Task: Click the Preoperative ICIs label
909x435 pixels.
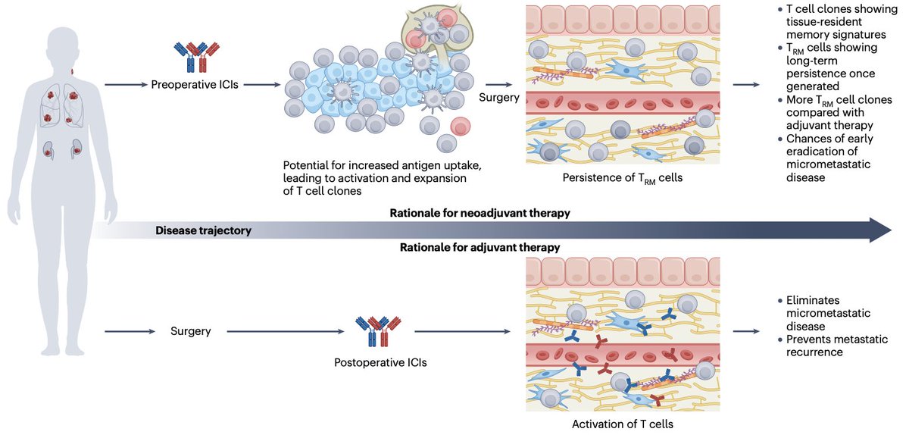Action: (195, 84)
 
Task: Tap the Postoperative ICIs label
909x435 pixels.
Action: (380, 362)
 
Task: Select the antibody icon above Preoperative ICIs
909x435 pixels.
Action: (197, 56)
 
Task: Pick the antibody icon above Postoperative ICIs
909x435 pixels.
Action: (378, 331)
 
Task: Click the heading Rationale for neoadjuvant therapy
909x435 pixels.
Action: (479, 213)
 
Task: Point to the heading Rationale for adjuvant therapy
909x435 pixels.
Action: (479, 247)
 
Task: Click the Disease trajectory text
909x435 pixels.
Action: (203, 230)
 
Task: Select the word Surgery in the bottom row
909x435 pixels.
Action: (190, 331)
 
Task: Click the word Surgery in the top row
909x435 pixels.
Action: (498, 98)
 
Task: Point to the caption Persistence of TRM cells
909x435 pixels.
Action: (623, 178)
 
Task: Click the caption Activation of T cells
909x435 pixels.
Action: (623, 424)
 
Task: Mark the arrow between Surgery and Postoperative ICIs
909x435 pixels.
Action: (286, 331)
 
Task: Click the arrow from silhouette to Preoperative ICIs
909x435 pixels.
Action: (126, 84)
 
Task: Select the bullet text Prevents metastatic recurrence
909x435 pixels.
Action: (837, 346)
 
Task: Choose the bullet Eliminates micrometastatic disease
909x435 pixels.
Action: (828, 313)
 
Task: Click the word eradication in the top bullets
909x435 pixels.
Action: (822, 152)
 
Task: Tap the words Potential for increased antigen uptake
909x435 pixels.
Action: (382, 165)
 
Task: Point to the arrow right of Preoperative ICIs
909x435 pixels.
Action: (262, 84)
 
